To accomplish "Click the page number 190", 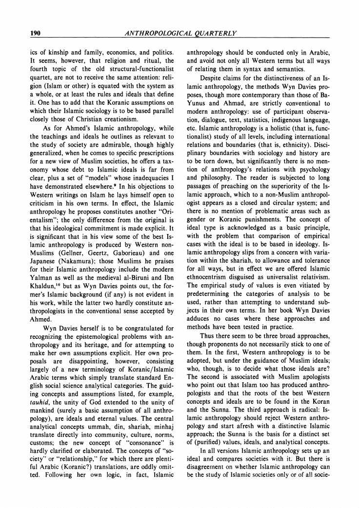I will point(35,33).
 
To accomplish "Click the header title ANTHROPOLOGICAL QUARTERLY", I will point(181,33).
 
